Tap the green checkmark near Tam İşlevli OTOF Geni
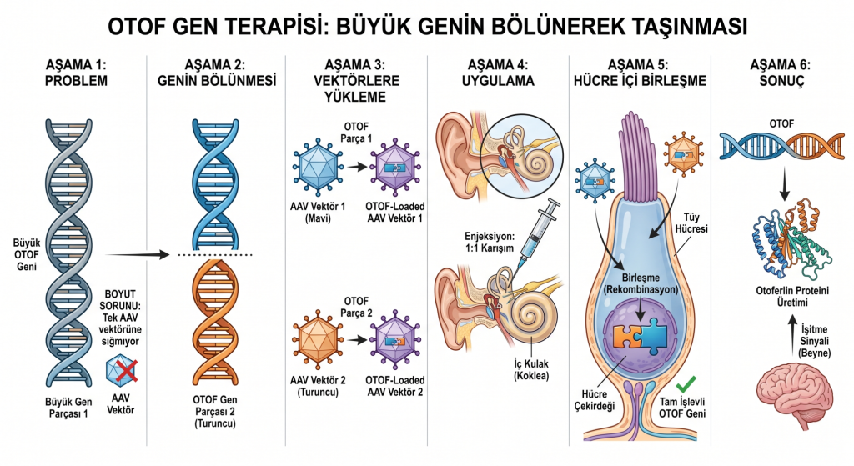tap(686, 384)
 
